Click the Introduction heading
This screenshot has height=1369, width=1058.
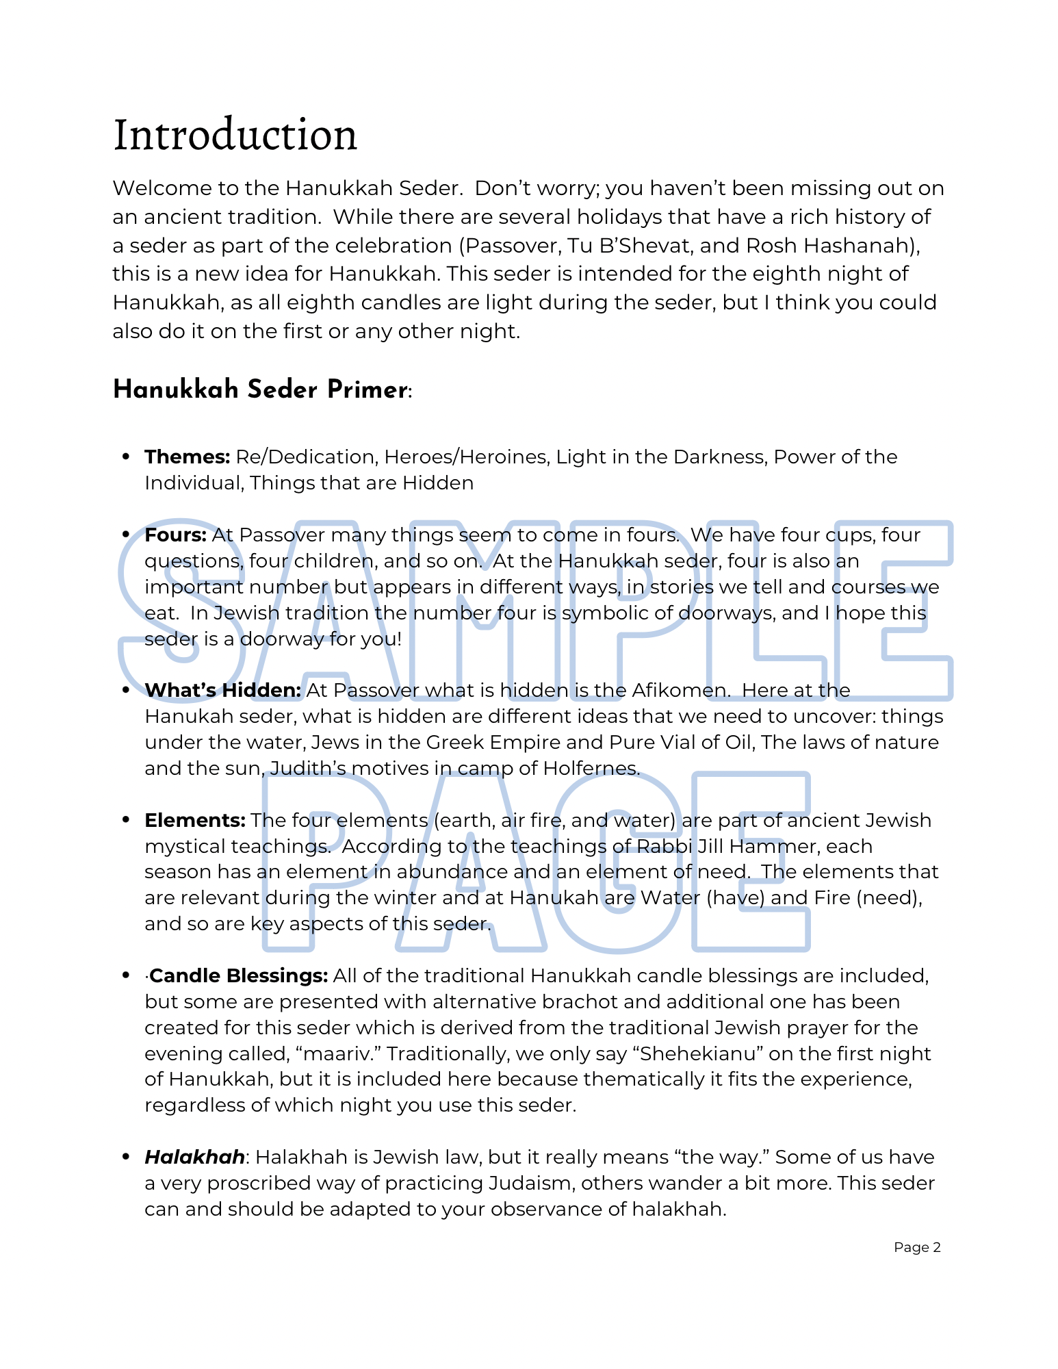(x=235, y=135)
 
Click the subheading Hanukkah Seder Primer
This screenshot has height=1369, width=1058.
(x=261, y=389)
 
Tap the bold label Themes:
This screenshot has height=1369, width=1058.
(x=187, y=457)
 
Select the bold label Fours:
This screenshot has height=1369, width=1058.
(x=175, y=535)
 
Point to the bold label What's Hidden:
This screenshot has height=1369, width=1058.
(x=222, y=690)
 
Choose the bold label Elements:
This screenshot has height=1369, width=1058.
(x=194, y=820)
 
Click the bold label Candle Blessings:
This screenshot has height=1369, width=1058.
(x=238, y=975)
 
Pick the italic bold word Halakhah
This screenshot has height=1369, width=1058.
(x=194, y=1157)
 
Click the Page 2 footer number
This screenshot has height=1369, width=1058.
(x=917, y=1247)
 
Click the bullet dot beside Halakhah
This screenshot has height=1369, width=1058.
(x=125, y=1157)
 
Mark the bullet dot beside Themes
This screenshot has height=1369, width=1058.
(x=125, y=457)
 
